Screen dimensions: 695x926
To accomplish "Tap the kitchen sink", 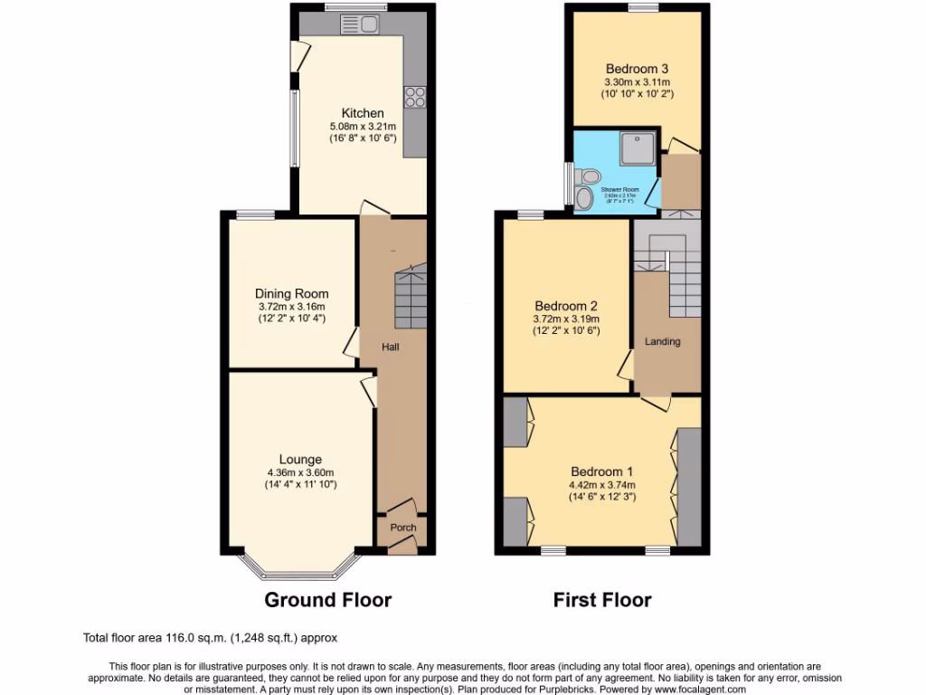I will [352, 25].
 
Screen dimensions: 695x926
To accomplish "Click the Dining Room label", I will [291, 294].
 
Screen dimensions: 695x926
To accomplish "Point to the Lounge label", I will [300, 460].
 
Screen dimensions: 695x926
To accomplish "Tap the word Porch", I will [403, 528].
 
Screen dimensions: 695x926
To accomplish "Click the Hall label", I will [391, 347].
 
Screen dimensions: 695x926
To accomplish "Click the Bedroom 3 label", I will [638, 69].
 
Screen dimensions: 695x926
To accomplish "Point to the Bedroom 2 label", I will [566, 306].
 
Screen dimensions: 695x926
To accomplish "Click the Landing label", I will [662, 341].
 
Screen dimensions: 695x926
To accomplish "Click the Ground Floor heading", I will [327, 599].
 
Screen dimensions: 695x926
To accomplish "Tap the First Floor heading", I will [602, 599].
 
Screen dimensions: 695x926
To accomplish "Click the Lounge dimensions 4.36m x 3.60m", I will [300, 472].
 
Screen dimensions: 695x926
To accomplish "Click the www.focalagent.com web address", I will [693, 689].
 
